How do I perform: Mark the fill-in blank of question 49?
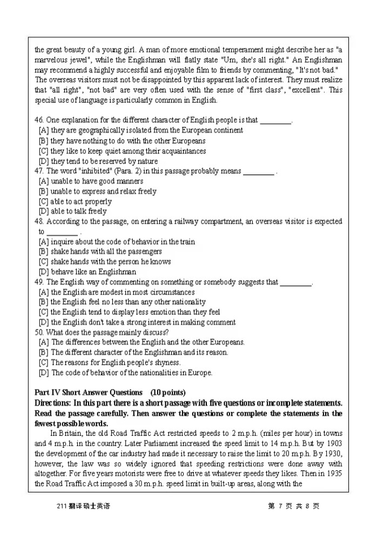coord(296,282)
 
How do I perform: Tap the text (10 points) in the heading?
coord(168,393)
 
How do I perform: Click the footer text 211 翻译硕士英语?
coord(82,506)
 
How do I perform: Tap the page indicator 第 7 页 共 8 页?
coord(293,506)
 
